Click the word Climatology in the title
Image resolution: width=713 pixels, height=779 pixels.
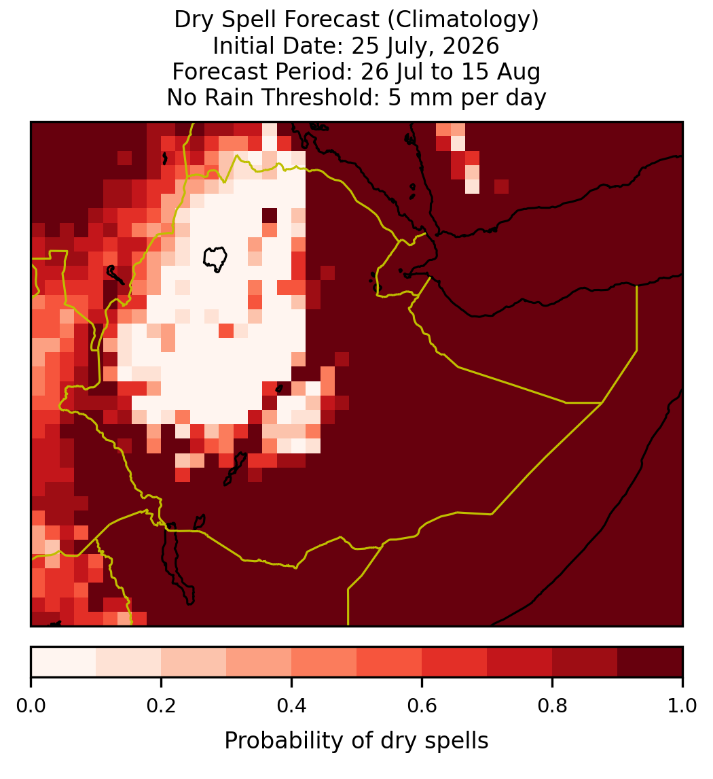point(462,20)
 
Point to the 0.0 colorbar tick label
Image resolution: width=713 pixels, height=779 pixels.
point(31,706)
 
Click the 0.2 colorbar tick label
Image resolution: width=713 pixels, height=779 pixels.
point(161,706)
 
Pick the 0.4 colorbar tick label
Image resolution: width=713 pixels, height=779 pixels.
point(292,706)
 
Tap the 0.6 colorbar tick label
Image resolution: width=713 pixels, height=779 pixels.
point(422,706)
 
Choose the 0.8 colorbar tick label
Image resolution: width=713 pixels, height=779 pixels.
point(552,706)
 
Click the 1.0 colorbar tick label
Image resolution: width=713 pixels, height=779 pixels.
point(682,706)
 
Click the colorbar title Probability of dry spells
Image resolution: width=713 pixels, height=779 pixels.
point(356,741)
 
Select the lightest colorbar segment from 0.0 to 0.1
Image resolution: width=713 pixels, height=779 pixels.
point(64,662)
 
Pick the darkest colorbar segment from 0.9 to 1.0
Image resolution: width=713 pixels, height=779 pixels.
point(650,662)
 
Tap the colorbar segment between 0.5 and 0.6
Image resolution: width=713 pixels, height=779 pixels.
point(389,662)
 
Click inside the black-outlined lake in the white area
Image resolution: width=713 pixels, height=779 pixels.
point(215,258)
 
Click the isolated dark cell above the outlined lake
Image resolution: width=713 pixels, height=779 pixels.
point(270,215)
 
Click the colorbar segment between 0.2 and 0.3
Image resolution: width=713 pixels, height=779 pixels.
point(194,662)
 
